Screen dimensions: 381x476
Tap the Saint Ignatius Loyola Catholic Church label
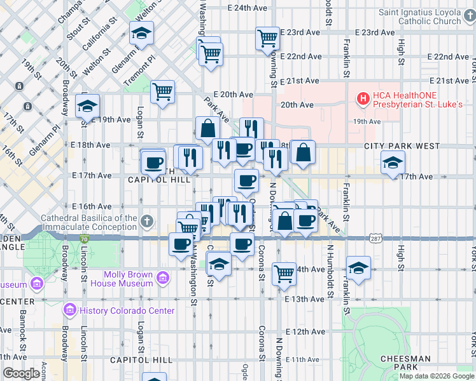(x=428, y=17)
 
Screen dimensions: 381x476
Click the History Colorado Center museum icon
(x=70, y=310)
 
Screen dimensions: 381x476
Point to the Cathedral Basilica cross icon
(x=147, y=222)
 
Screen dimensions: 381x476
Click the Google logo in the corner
(x=21, y=374)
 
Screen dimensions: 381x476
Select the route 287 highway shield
(x=375, y=238)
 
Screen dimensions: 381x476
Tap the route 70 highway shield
(x=84, y=238)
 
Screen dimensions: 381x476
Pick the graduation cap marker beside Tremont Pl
(x=141, y=32)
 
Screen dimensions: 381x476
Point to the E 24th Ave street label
(x=248, y=8)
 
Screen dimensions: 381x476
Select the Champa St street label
(x=70, y=11)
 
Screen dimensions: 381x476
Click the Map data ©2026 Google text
(x=437, y=376)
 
